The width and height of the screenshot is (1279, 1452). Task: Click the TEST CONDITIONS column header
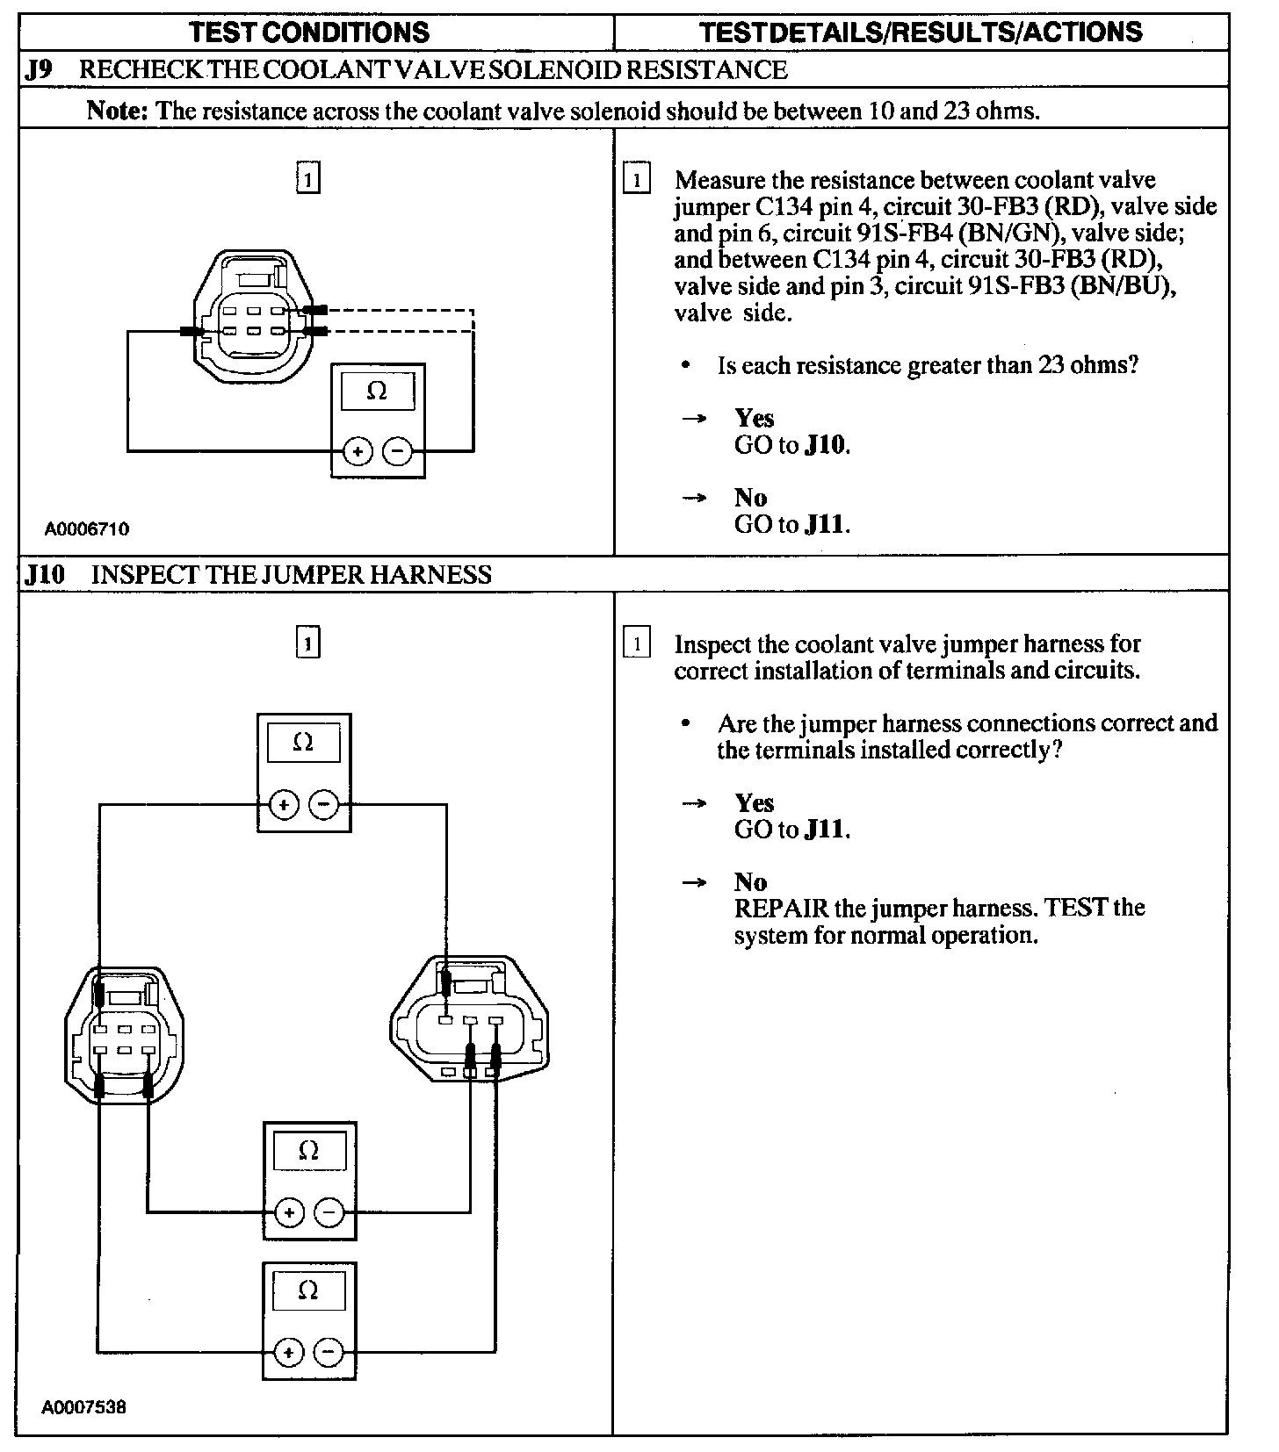(x=309, y=32)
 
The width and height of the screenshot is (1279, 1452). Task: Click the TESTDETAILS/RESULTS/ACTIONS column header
(x=921, y=32)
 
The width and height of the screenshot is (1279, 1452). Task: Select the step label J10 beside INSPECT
(x=45, y=575)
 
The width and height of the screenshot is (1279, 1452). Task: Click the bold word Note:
(x=119, y=111)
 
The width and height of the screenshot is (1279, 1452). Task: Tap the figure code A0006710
(x=87, y=529)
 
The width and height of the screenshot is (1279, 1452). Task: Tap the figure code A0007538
(x=84, y=1407)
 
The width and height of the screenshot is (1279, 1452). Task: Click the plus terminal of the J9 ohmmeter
(x=357, y=452)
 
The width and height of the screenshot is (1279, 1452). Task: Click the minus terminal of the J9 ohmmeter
(x=397, y=452)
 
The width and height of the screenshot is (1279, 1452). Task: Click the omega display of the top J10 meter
(x=302, y=743)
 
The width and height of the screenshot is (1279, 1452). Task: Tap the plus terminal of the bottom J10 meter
(x=288, y=1353)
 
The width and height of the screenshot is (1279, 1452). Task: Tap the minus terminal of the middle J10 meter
(x=329, y=1213)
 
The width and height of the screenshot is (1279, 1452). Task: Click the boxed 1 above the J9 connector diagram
(x=307, y=179)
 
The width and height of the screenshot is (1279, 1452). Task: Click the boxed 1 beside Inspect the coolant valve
(x=636, y=643)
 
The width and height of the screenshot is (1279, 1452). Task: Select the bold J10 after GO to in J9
(x=826, y=445)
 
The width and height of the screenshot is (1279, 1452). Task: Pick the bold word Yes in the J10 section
(x=754, y=802)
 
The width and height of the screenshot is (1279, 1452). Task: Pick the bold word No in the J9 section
(x=750, y=498)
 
